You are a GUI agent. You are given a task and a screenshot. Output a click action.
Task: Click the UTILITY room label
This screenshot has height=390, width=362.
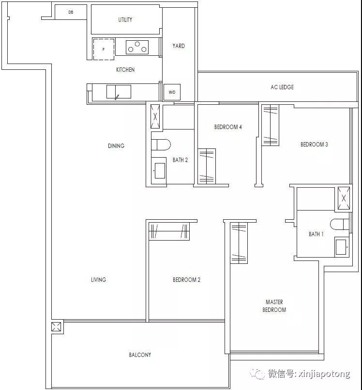(125, 20)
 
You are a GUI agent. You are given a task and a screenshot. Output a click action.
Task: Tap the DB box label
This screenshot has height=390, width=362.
(71, 12)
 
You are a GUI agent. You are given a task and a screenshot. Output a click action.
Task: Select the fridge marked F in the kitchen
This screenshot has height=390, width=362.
(104, 49)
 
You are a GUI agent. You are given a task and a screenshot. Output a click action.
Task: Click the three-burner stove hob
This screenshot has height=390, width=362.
(137, 47)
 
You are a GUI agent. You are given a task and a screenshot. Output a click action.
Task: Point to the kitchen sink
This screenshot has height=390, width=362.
(119, 92)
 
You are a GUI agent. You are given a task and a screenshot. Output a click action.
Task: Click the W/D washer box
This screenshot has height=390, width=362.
(172, 92)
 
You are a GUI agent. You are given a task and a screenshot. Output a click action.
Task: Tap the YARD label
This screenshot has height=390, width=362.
(179, 46)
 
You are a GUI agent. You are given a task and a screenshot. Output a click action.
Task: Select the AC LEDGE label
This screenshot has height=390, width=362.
(282, 87)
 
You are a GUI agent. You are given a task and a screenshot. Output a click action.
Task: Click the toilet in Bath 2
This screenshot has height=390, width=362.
(161, 145)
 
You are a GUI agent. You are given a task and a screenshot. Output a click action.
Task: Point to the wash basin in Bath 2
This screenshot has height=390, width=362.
(160, 171)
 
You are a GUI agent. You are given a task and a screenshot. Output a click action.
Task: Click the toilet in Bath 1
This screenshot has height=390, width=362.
(340, 225)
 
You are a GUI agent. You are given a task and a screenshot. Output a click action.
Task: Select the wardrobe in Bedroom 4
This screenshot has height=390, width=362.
(207, 166)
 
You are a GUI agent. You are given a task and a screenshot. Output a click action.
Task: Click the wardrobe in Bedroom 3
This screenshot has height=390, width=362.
(271, 125)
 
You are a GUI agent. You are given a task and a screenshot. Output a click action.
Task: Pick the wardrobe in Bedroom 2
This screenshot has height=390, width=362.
(169, 231)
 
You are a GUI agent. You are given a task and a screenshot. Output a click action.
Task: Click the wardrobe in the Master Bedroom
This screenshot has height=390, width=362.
(239, 243)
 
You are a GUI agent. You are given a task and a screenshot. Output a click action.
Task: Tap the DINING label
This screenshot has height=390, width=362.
(116, 146)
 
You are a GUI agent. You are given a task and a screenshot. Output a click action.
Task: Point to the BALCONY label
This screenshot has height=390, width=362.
(140, 355)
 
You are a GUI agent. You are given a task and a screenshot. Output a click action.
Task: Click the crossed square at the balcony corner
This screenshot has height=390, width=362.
(56, 326)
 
